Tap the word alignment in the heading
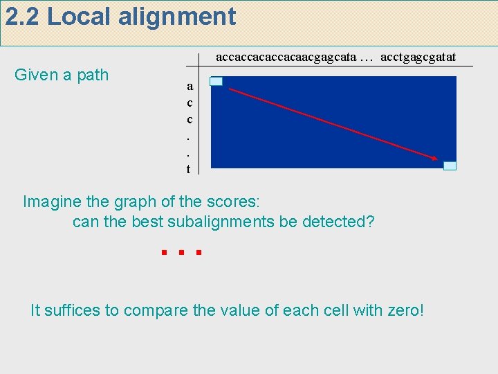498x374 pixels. click(177, 17)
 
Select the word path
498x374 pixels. click(93, 75)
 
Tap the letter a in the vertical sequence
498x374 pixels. click(190, 87)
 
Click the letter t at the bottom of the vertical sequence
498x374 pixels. click(188, 168)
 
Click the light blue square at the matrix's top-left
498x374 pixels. click(216, 82)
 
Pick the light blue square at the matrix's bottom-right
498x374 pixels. click(450, 166)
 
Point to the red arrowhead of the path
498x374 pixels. click(434, 159)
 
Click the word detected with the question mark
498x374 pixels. click(343, 222)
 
